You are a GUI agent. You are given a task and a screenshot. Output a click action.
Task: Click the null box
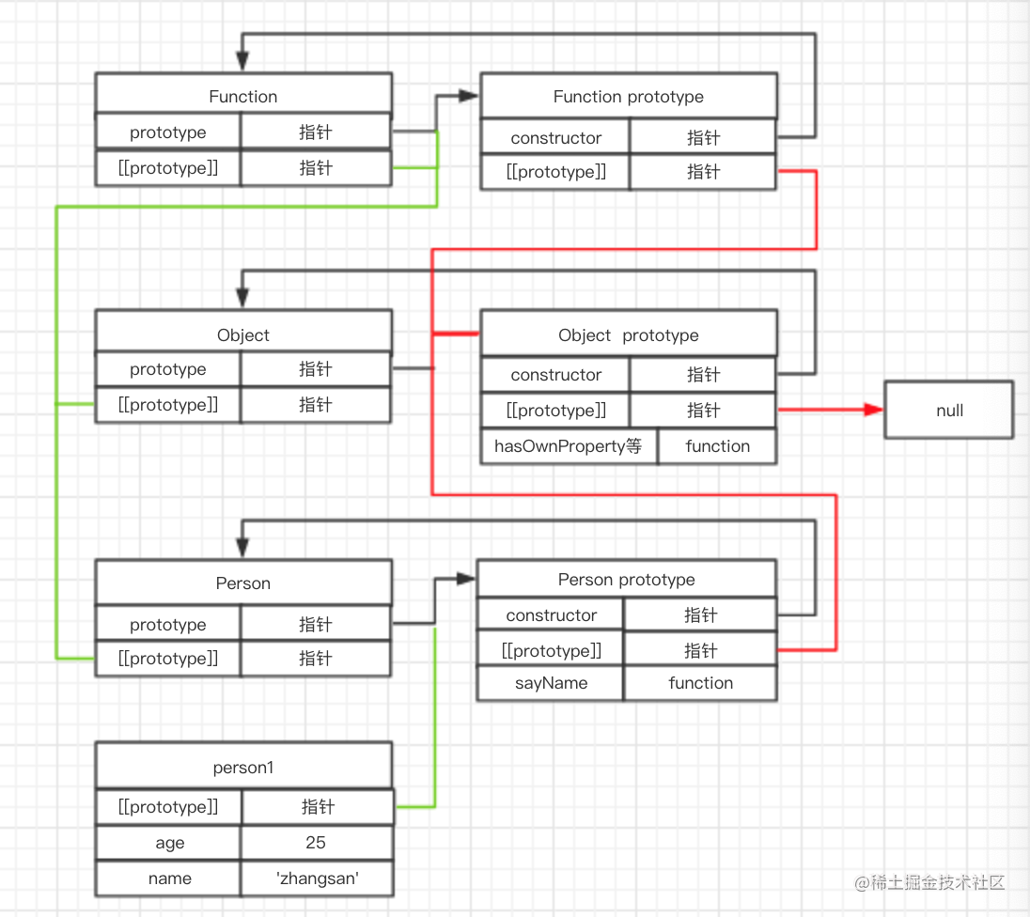pyautogui.click(x=949, y=411)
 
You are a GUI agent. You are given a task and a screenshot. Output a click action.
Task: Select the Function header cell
pyautogui.click(x=242, y=97)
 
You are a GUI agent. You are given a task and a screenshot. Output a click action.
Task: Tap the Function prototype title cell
pyautogui.click(x=628, y=97)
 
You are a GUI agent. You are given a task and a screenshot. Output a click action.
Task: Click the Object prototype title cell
pyautogui.click(x=628, y=335)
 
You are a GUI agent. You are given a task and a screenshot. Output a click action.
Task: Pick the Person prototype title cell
pyautogui.click(x=626, y=580)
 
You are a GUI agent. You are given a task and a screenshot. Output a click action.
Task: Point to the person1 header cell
pyautogui.click(x=242, y=768)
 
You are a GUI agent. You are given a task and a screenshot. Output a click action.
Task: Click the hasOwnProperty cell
pyautogui.click(x=568, y=446)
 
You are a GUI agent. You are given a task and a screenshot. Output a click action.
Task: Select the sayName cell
pyautogui.click(x=551, y=683)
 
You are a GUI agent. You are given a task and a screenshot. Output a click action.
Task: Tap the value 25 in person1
pyautogui.click(x=316, y=843)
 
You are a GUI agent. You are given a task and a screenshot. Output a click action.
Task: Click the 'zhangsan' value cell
pyautogui.click(x=316, y=878)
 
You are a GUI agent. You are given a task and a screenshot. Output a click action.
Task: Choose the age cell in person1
pyautogui.click(x=169, y=843)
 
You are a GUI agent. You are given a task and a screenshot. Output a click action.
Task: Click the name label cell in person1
pyautogui.click(x=169, y=878)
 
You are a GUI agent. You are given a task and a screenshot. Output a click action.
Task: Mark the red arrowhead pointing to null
pyautogui.click(x=873, y=411)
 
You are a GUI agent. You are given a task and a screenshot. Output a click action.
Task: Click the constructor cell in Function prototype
pyautogui.click(x=555, y=138)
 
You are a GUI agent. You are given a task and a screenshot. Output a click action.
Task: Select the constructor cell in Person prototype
pyautogui.click(x=551, y=615)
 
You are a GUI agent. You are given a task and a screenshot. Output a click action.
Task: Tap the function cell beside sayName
pyautogui.click(x=700, y=683)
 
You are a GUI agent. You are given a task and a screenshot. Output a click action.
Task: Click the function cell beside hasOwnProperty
pyautogui.click(x=717, y=446)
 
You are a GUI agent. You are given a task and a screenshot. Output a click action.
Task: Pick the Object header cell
pyautogui.click(x=242, y=335)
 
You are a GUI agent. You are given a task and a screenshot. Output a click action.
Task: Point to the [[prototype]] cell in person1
pyautogui.click(x=169, y=807)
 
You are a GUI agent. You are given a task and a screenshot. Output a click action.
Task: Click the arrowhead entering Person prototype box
pyautogui.click(x=466, y=580)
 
